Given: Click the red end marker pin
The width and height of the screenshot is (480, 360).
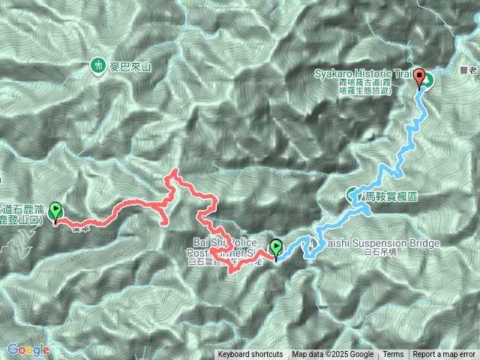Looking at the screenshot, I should pyautogui.click(x=420, y=78).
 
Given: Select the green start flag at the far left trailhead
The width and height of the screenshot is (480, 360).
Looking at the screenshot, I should pyautogui.click(x=55, y=214).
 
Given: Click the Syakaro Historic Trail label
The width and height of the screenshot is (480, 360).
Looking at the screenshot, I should pyautogui.click(x=364, y=73).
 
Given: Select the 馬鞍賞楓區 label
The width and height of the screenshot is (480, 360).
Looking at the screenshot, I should pyautogui.click(x=391, y=196).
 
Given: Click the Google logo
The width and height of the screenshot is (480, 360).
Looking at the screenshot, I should pyautogui.click(x=28, y=349).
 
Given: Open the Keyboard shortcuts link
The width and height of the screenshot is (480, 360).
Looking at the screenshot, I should pyautogui.click(x=250, y=355).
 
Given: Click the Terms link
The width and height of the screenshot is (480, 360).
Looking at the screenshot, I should pyautogui.click(x=393, y=355).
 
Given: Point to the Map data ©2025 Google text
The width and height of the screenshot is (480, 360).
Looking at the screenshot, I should pyautogui.click(x=333, y=355).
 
